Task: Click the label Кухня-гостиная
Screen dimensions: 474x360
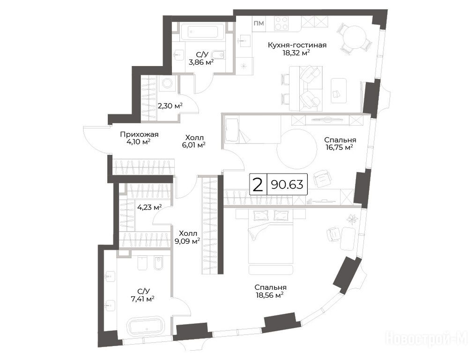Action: click(x=297, y=45)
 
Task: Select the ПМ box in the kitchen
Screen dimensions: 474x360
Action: click(x=259, y=23)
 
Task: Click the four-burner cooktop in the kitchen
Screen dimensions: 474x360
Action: click(x=281, y=23)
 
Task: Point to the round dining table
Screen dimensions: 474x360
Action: click(x=354, y=37)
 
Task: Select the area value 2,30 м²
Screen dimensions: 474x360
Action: click(x=170, y=106)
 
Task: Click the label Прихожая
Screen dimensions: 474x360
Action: click(x=140, y=135)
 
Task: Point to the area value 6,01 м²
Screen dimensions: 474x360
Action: click(x=193, y=145)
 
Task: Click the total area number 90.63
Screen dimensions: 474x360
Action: click(x=287, y=184)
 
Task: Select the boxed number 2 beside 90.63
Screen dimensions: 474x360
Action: click(x=258, y=185)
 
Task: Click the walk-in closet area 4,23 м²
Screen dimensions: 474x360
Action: click(x=149, y=208)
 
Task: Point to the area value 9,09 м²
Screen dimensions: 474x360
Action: click(x=187, y=241)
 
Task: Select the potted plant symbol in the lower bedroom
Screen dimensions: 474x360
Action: click(x=352, y=219)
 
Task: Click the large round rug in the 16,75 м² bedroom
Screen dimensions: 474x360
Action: click(x=298, y=150)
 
